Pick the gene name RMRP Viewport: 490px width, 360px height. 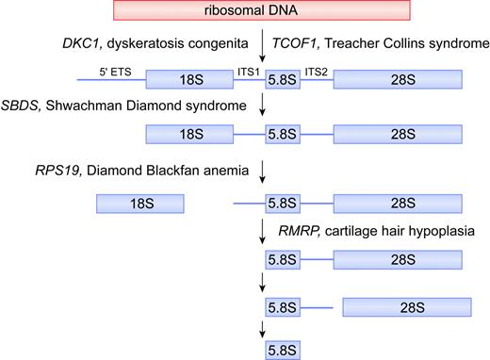(298, 228)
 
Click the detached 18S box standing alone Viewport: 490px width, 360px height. (139, 202)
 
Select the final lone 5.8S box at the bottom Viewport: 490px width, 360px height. (283, 349)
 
